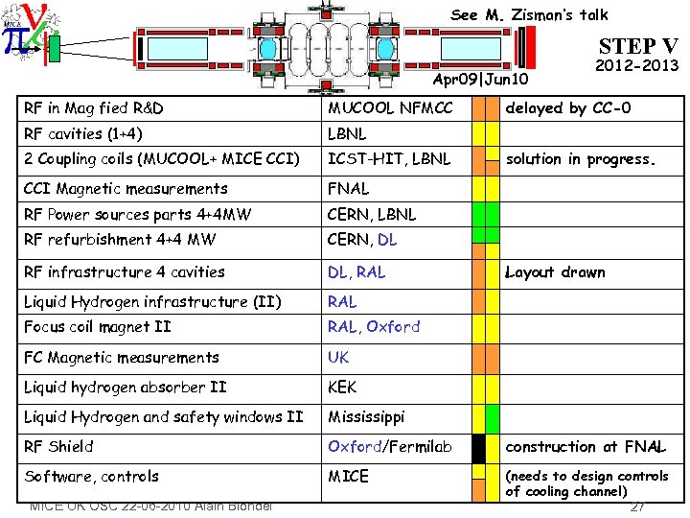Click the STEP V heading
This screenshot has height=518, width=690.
637,45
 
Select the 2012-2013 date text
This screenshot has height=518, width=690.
636,66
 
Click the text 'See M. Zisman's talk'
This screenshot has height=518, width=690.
529,14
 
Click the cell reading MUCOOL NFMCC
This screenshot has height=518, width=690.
390,108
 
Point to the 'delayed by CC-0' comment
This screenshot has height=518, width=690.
567,108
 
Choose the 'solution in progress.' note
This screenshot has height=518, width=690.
580,158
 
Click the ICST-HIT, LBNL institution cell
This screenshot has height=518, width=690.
388,158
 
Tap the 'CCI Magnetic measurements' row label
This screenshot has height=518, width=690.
126,189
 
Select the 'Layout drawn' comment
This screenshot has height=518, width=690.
555,272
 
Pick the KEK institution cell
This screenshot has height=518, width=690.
342,388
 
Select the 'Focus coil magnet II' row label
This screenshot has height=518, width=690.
97,327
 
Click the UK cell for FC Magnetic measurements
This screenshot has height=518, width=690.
338,358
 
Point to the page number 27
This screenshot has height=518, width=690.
637,507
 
